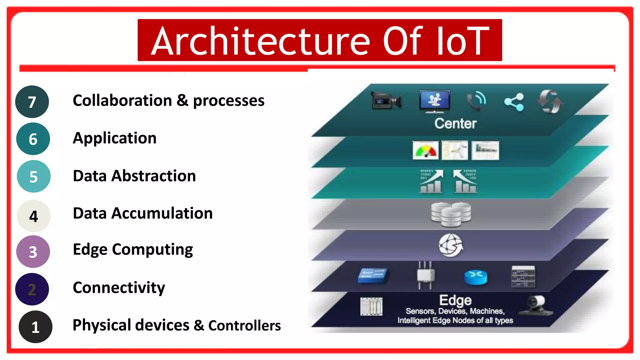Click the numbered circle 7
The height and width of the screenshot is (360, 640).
click(32, 102)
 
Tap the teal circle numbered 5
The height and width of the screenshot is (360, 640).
click(33, 177)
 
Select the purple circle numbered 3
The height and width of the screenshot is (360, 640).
click(33, 252)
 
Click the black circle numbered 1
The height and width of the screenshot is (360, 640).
click(35, 327)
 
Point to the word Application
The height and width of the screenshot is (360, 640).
click(114, 138)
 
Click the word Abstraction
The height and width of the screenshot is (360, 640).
click(153, 176)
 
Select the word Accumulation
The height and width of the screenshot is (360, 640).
click(162, 213)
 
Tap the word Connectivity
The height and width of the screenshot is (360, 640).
click(119, 287)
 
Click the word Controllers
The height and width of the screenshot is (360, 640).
click(244, 326)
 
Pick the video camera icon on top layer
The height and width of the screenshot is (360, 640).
click(386, 101)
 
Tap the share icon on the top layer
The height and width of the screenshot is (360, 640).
click(514, 102)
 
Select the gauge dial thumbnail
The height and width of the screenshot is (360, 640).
click(425, 150)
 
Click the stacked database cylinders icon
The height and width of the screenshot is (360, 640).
click(451, 214)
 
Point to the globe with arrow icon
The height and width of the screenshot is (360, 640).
click(451, 245)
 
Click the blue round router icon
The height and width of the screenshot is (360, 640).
click(476, 277)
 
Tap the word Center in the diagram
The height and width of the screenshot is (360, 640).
click(455, 123)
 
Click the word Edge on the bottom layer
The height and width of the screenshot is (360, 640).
click(455, 300)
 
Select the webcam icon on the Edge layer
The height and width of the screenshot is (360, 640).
click(536, 305)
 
